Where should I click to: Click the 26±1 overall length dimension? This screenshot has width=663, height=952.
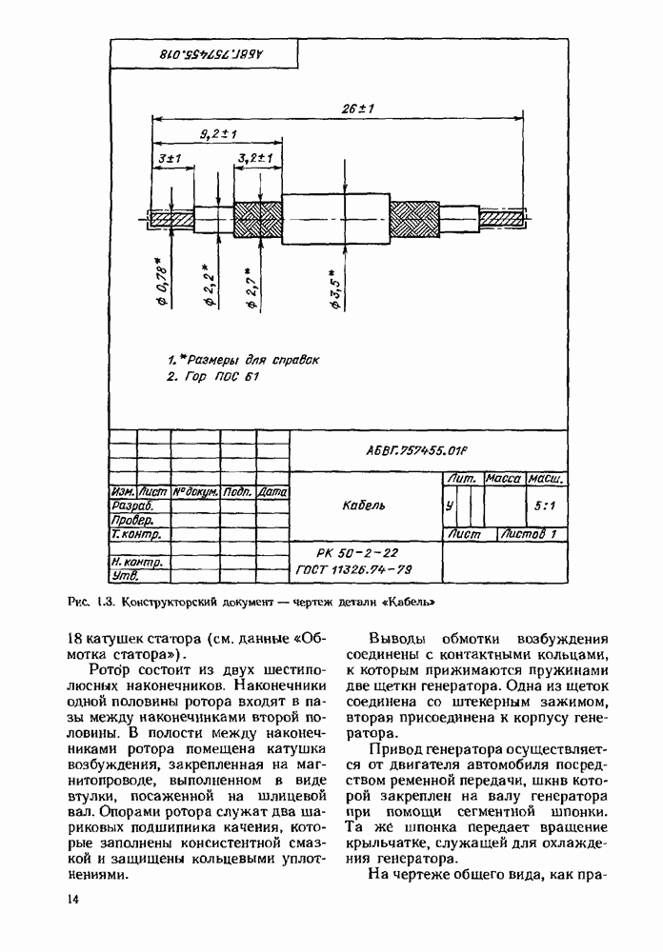coord(358,109)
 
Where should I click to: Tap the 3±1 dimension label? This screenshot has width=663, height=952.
coord(171,157)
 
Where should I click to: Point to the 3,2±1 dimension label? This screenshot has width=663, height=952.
coord(255,157)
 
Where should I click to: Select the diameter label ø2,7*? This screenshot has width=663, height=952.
coord(252,288)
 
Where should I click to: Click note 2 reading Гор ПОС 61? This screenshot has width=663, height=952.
coord(212,376)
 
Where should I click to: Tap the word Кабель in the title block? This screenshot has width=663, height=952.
coord(363,505)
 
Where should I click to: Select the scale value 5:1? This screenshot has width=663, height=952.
coord(546,506)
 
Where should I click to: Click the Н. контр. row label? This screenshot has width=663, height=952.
coord(136,562)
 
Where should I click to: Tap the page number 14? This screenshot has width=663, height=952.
coord(73,900)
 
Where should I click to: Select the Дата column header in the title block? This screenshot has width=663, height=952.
coord(272,492)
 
